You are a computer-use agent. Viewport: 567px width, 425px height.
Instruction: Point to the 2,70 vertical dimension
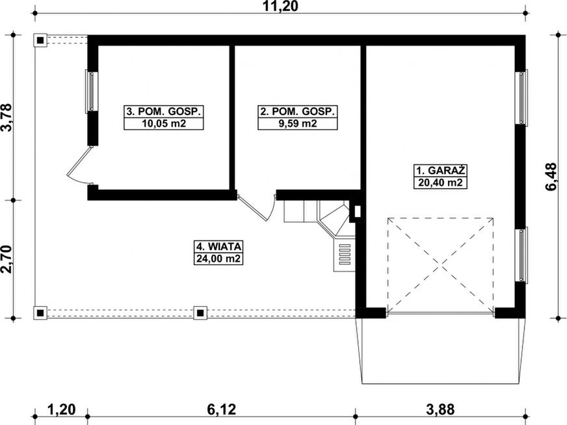[8, 259]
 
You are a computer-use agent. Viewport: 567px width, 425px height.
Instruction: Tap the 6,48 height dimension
[553, 176]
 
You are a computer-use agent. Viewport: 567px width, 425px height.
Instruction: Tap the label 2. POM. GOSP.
[298, 112]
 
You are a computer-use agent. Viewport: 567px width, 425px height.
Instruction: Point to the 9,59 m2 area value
[298, 123]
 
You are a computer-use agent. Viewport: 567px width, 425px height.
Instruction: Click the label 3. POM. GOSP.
[164, 112]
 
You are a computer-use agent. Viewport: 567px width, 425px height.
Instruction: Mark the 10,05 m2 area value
[164, 123]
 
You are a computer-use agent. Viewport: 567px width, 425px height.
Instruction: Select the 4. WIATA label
[218, 246]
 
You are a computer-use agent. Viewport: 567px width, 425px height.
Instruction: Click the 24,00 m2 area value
[218, 258]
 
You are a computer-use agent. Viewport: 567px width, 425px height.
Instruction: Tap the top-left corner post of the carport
[40, 40]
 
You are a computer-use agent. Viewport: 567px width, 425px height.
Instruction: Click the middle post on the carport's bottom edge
[200, 313]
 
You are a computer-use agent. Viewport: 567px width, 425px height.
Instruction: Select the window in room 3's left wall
[92, 92]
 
